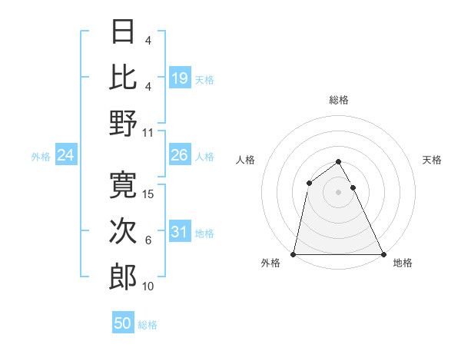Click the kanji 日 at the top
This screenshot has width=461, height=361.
click(123, 31)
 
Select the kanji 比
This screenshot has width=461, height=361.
click(123, 77)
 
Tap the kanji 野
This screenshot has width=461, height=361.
click(123, 123)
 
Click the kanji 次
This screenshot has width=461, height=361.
click(123, 231)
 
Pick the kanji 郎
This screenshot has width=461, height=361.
click(123, 277)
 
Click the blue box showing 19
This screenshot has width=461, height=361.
click(179, 78)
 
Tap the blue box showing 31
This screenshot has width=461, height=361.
click(179, 232)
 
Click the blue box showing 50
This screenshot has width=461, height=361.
click(123, 323)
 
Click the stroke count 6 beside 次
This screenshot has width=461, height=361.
click(148, 241)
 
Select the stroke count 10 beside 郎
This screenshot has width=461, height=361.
click(148, 287)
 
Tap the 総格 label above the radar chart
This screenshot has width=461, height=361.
click(338, 100)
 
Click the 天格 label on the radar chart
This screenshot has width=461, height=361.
click(432, 160)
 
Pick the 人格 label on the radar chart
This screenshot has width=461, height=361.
click(246, 160)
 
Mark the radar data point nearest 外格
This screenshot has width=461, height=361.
click(294, 254)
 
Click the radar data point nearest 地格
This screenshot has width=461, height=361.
click(383, 254)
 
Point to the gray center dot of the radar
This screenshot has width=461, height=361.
click(338, 191)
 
